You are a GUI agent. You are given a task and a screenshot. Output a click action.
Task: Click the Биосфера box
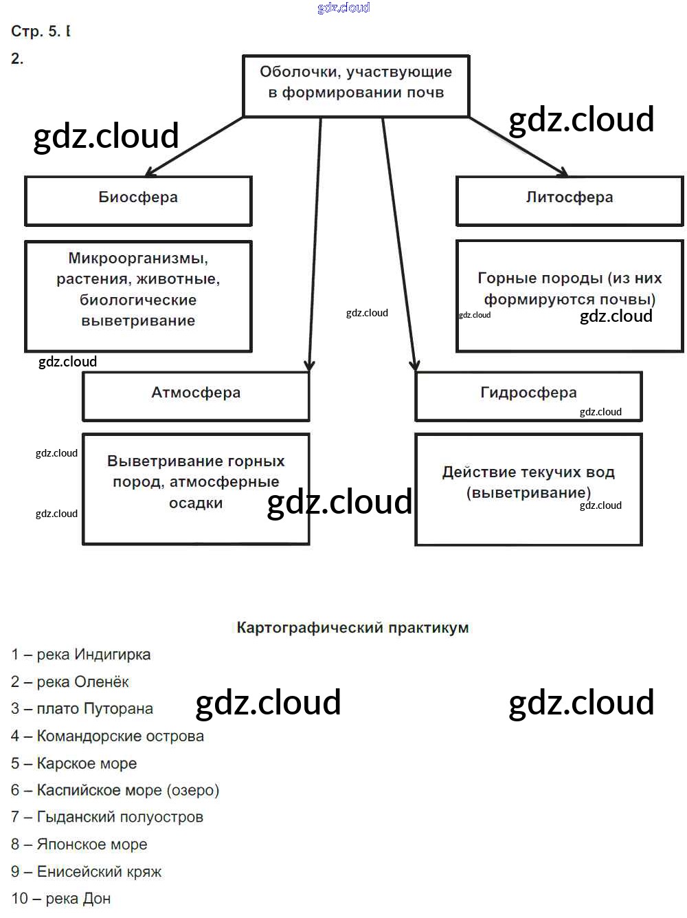[x=138, y=200]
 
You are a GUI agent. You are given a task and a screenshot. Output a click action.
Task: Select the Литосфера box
[x=570, y=200]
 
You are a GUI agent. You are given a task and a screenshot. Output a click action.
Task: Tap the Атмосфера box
[x=196, y=395]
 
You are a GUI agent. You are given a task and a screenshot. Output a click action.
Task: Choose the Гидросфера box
[x=528, y=395]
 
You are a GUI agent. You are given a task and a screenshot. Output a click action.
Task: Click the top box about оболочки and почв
[x=356, y=85]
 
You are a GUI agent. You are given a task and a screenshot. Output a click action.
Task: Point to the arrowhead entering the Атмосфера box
[x=309, y=364]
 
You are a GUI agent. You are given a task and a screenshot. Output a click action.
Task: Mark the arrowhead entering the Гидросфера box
[x=414, y=364]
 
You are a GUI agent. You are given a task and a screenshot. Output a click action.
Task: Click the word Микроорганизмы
[x=138, y=259]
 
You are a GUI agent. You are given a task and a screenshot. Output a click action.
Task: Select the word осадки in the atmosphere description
[x=196, y=503]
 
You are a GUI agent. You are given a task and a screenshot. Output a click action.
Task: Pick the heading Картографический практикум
[x=352, y=627]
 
